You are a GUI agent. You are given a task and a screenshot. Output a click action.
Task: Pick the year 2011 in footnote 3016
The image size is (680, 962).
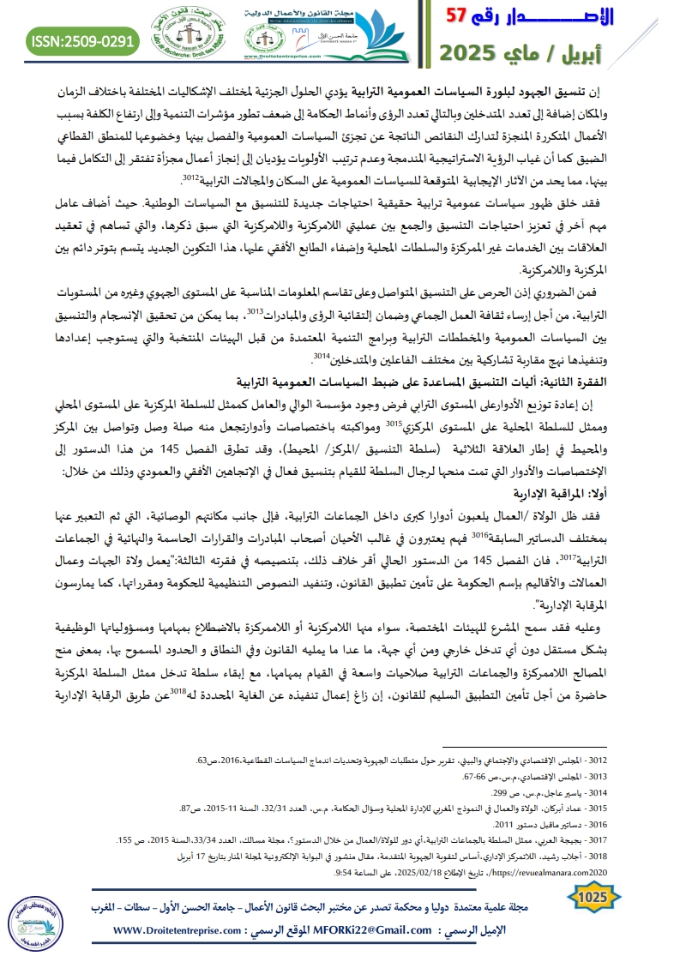[x=515, y=823]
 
